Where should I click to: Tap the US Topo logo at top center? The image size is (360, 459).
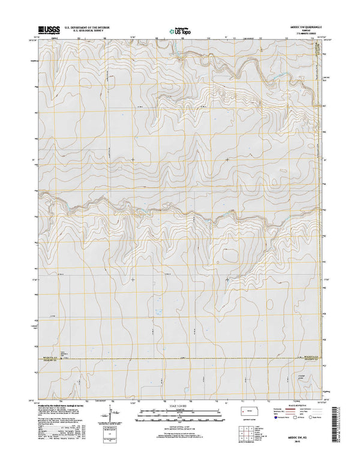pos(179,29)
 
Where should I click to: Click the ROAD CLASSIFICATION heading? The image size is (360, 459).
pos(292,406)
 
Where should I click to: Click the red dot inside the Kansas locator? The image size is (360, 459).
pos(243,411)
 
